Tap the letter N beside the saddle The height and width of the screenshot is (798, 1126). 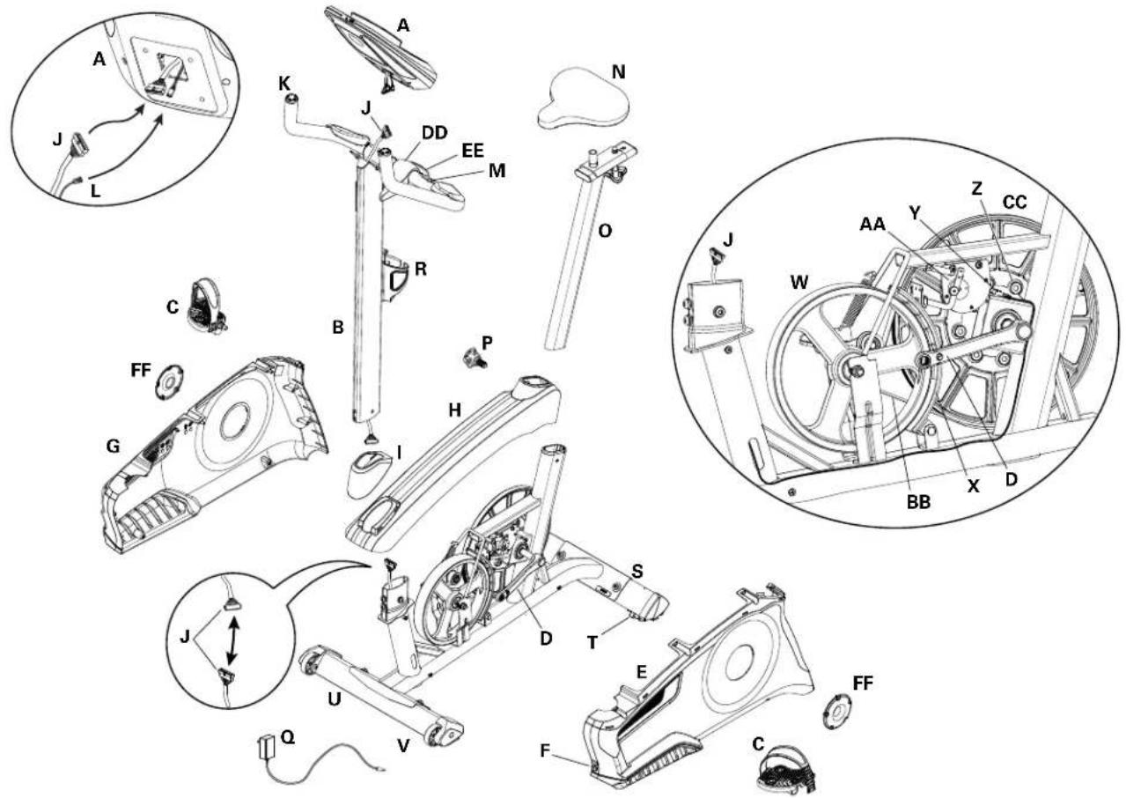click(x=619, y=72)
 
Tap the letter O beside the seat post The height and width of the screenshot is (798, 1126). click(x=604, y=232)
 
